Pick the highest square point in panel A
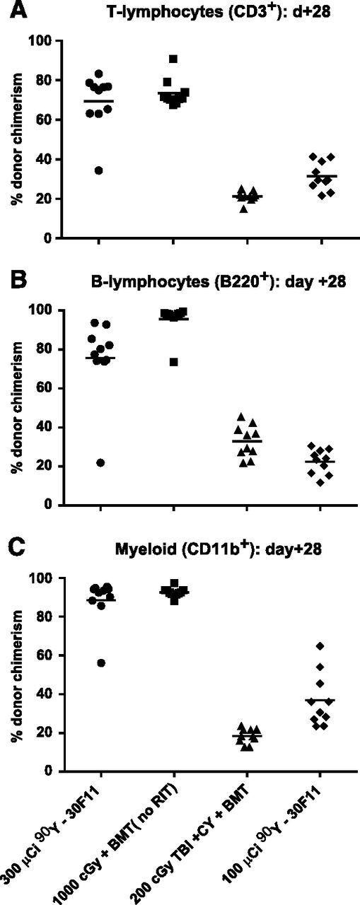[x=173, y=59]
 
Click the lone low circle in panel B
[x=100, y=462]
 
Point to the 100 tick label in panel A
[x=45, y=42]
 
